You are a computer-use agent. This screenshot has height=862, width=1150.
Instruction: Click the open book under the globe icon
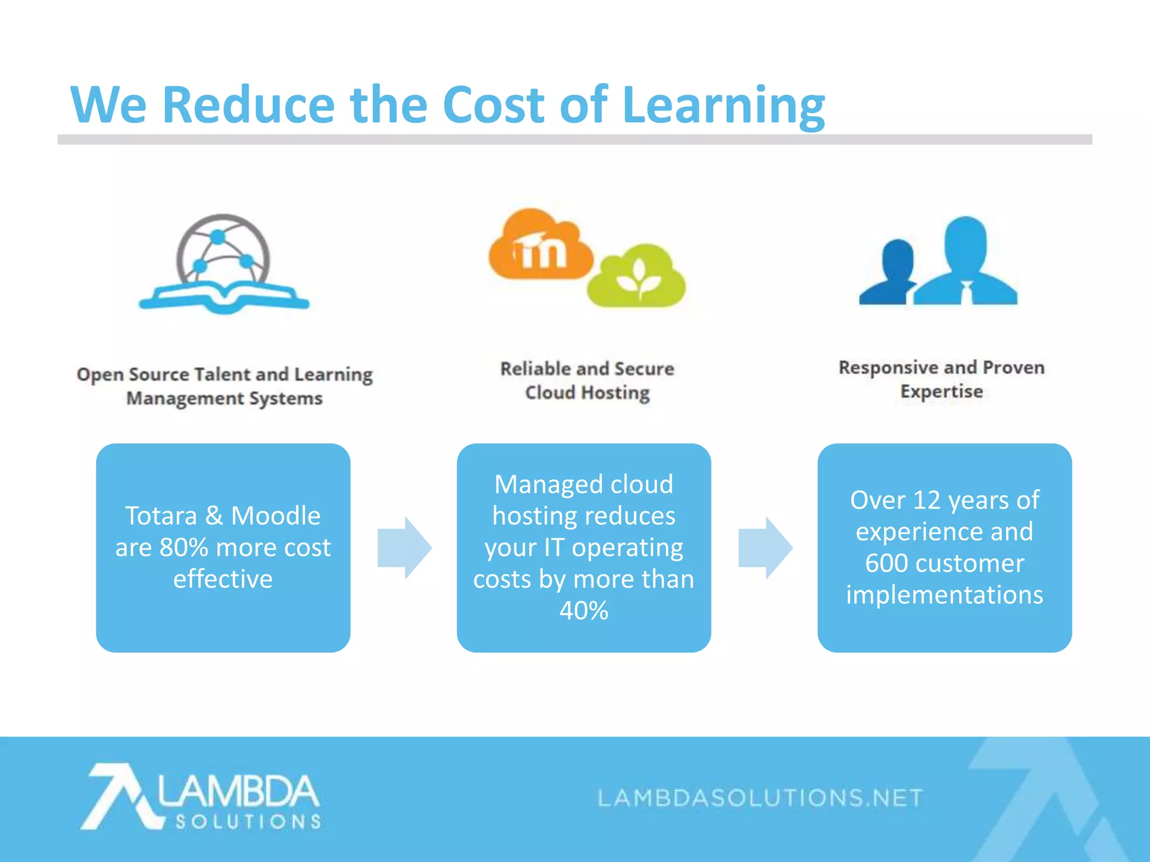pyautogui.click(x=224, y=297)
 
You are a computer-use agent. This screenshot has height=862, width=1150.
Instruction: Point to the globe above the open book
pyautogui.click(x=223, y=250)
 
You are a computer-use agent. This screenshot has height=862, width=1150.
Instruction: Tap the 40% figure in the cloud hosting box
pyautogui.click(x=584, y=611)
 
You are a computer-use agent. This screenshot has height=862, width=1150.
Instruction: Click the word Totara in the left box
pyautogui.click(x=161, y=516)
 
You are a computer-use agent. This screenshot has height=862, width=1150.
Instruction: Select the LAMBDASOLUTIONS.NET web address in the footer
pyautogui.click(x=760, y=797)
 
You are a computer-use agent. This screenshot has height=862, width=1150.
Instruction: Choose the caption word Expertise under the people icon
pyautogui.click(x=942, y=392)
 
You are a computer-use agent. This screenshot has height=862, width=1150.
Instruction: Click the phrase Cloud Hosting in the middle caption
pyautogui.click(x=587, y=393)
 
